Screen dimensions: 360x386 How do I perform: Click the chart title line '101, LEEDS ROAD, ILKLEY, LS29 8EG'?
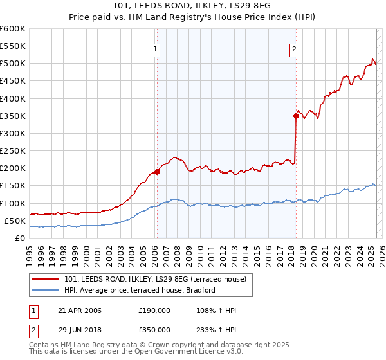(x=192, y=7)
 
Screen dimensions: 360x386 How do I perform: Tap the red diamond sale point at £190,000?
(x=157, y=172)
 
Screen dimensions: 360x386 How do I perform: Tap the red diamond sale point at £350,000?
(x=296, y=116)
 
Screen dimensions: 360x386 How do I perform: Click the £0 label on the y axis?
(x=19, y=238)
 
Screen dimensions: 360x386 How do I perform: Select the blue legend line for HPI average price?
(x=46, y=290)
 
